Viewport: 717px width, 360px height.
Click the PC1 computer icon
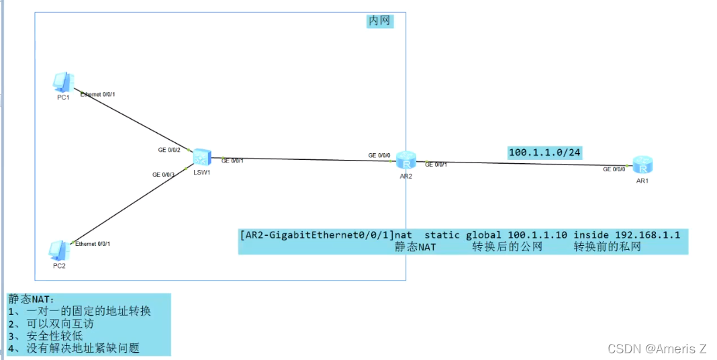63,82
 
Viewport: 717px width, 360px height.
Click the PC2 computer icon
59,250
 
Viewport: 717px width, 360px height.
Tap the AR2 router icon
405,161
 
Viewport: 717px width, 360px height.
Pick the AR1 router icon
642,165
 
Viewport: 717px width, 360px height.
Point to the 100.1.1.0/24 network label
544,152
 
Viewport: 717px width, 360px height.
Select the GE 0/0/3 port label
164,175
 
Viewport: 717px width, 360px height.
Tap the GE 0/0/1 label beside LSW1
232,161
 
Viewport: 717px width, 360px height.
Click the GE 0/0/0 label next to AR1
614,170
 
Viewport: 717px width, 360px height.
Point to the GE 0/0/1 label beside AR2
436,165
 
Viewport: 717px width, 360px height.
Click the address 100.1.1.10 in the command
537,235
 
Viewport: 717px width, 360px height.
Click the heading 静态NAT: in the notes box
31,299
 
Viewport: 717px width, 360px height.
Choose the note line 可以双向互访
60,324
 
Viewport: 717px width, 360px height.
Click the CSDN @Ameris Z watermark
657,349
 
